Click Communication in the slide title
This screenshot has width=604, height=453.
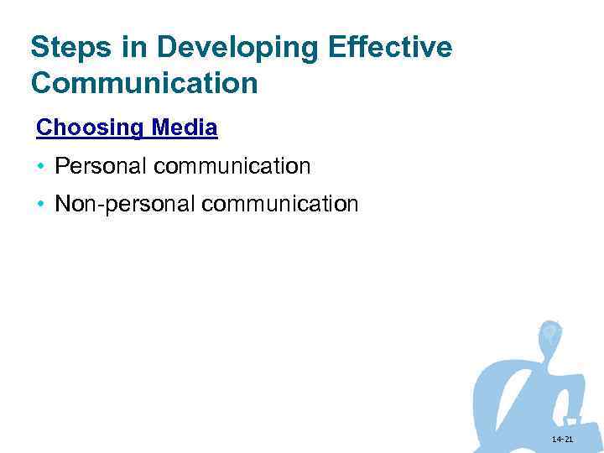[x=144, y=83]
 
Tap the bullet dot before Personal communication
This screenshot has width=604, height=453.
[x=41, y=166]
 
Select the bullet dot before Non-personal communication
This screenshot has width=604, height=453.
[x=41, y=204]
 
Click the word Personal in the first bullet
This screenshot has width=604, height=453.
[x=100, y=166]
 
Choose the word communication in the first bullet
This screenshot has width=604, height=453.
[x=232, y=166]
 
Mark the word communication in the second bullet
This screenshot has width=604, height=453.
[x=280, y=204]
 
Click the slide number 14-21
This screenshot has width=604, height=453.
[x=563, y=440]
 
